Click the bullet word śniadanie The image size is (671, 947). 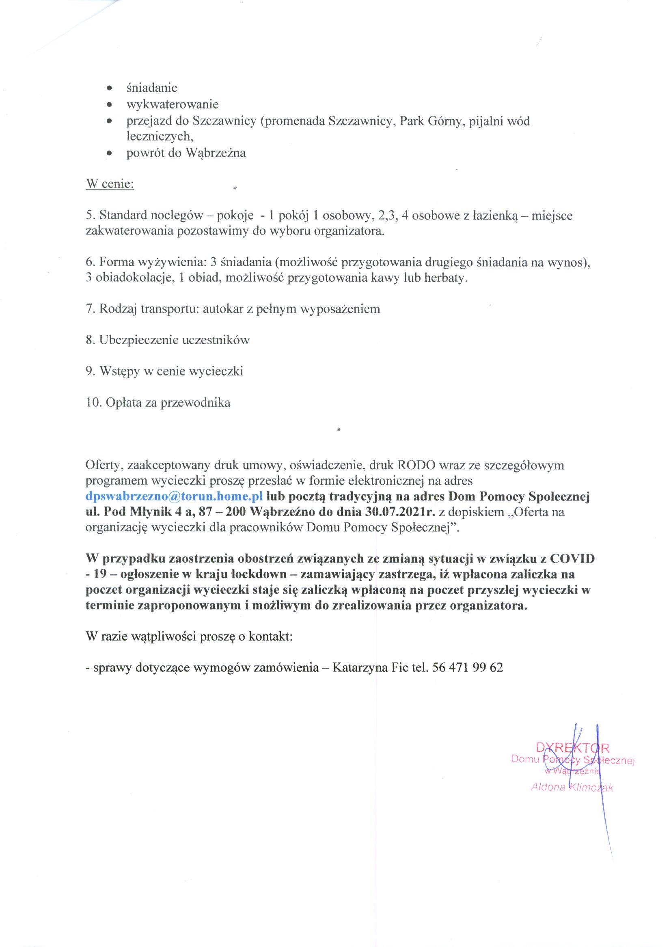(152, 88)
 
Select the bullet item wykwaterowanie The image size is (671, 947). (172, 104)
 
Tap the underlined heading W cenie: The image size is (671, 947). (110, 184)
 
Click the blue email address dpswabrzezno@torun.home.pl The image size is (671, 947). (174, 497)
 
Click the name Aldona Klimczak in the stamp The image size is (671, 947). (572, 787)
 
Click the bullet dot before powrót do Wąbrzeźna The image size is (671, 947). (109, 153)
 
